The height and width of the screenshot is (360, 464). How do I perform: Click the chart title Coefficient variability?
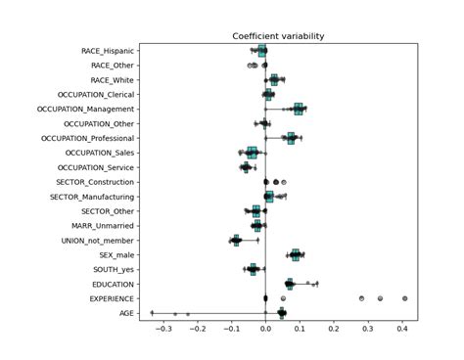pyautogui.click(x=278, y=36)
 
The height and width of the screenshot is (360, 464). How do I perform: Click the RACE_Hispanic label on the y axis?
pyautogui.click(x=109, y=51)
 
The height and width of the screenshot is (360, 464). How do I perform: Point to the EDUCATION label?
pyautogui.click(x=112, y=284)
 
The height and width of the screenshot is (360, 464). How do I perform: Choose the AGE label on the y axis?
pyautogui.click(x=127, y=313)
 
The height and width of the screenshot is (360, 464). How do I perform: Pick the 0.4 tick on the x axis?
pyautogui.click(x=402, y=330)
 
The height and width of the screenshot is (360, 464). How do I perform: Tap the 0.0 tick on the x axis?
pyautogui.click(x=265, y=330)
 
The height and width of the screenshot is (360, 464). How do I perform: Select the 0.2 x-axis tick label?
pyautogui.click(x=334, y=330)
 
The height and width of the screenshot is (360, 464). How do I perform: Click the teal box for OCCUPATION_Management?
pyautogui.click(x=299, y=109)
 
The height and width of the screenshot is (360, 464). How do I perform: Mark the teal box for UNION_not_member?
pyautogui.click(x=236, y=240)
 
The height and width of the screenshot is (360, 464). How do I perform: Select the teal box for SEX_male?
pyautogui.click(x=296, y=254)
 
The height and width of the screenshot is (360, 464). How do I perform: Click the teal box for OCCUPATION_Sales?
pyautogui.click(x=252, y=153)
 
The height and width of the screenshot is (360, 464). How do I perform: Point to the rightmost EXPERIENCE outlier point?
pyautogui.click(x=404, y=298)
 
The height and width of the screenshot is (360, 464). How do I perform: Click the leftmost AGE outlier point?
pyautogui.click(x=152, y=313)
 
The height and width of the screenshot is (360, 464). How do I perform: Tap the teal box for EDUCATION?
pyautogui.click(x=289, y=284)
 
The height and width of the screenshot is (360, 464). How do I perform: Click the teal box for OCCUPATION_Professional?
pyautogui.click(x=290, y=138)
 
